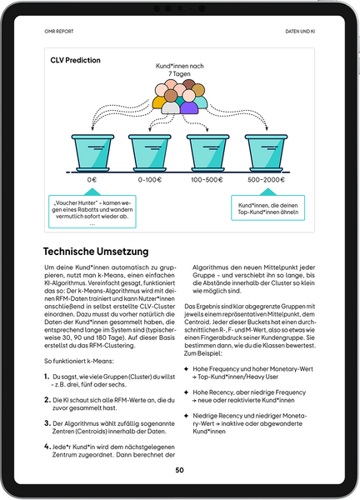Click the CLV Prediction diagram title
pos(76,61)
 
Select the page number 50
pos(179,470)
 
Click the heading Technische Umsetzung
pos(96,251)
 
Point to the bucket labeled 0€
pos(92,151)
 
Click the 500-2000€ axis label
pos(266,179)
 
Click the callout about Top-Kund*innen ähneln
pos(267,207)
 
